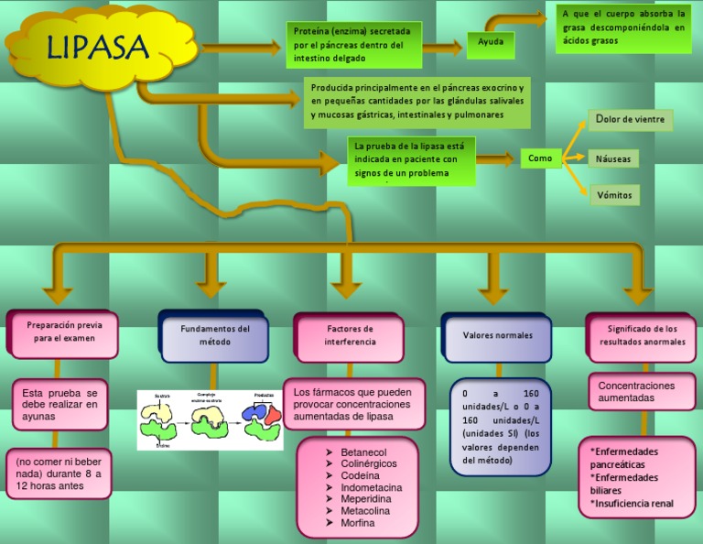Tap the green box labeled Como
[x=540, y=158]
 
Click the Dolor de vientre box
[x=630, y=120]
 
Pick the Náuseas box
[x=613, y=158]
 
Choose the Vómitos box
[x=613, y=195]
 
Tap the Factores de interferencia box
[x=350, y=335]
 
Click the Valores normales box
[x=497, y=336]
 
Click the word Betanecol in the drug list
[x=363, y=452]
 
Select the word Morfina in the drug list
[x=358, y=523]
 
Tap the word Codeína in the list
[x=360, y=476]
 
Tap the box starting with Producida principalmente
[x=416, y=103]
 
